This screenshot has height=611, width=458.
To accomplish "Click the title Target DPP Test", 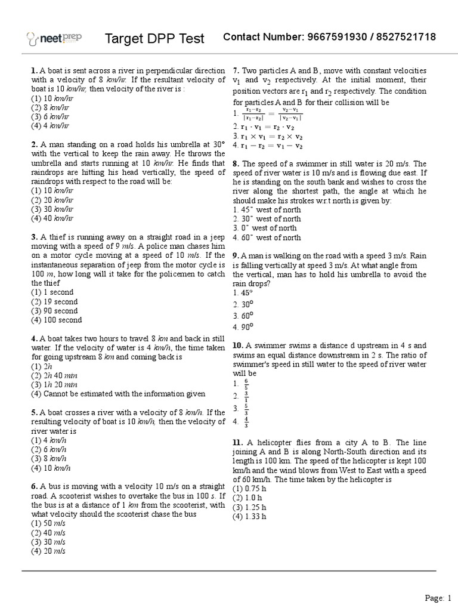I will (x=154, y=39).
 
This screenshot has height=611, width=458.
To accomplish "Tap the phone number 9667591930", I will (x=335, y=38).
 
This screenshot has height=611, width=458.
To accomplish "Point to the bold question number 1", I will (x=34, y=70).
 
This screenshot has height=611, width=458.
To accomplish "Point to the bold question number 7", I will (x=236, y=70).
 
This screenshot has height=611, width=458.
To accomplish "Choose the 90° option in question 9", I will (x=243, y=326).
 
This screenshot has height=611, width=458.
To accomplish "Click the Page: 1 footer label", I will (x=438, y=597).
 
